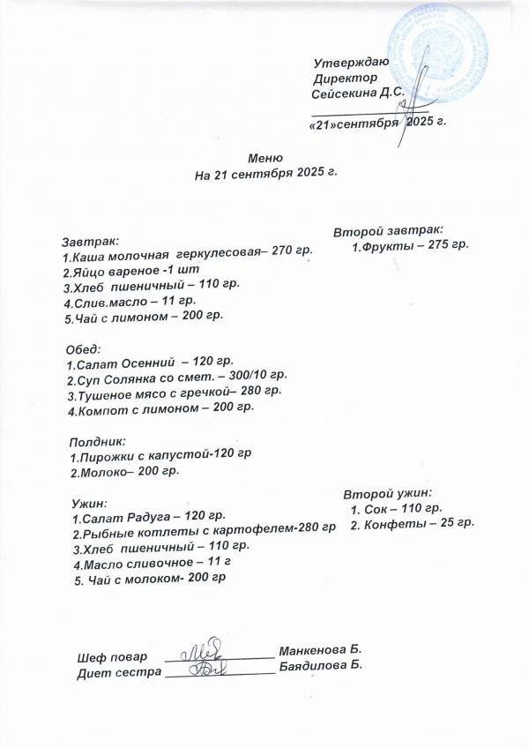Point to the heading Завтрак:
[90, 240]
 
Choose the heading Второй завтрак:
[388, 231]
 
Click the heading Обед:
[85, 348]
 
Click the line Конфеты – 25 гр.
[413, 524]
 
